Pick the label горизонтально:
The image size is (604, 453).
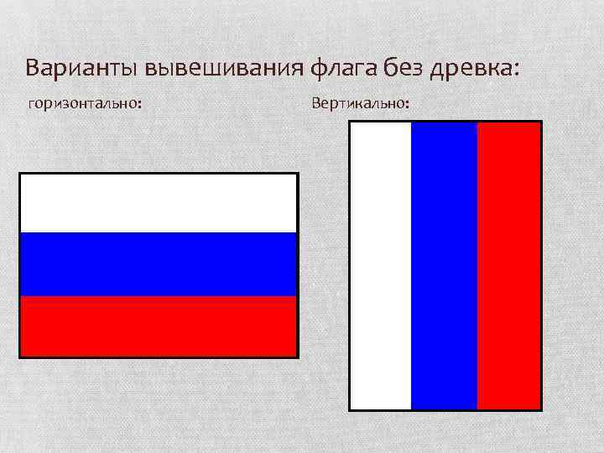(x=85, y=104)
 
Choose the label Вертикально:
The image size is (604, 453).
(x=361, y=104)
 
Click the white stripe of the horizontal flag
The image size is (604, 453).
(x=159, y=204)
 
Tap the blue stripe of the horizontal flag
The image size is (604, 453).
(x=159, y=264)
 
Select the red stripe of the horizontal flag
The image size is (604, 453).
(x=159, y=325)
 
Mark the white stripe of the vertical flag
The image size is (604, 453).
(x=381, y=266)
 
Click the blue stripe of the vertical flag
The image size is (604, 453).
(x=444, y=266)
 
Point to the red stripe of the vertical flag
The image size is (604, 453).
(x=508, y=266)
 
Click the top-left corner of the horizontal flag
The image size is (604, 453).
(x=20, y=174)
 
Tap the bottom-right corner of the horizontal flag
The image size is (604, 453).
(x=297, y=356)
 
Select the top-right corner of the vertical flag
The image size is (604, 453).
(x=540, y=122)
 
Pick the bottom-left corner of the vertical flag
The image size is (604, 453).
(x=350, y=409)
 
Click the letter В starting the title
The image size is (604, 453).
(x=33, y=67)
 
